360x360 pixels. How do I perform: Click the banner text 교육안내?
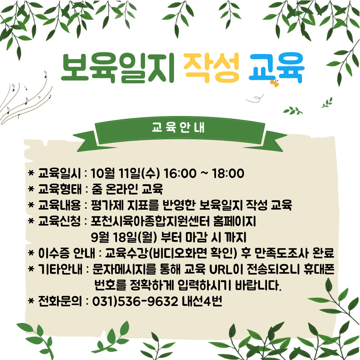click(178, 127)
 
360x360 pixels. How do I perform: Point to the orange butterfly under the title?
click(275, 83)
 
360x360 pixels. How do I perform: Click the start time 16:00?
click(180, 173)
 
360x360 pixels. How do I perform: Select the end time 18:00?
click(228, 173)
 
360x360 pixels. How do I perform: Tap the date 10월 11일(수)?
click(125, 173)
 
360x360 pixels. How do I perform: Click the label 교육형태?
click(60, 189)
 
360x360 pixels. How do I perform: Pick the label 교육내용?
click(60, 205)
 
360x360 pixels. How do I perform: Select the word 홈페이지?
click(234, 221)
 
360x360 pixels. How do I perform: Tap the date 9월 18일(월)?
click(124, 237)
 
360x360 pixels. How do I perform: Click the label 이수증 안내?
click(67, 253)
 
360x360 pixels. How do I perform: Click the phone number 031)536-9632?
click(135, 301)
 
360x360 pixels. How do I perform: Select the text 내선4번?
click(202, 301)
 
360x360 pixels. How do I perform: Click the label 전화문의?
click(60, 301)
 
